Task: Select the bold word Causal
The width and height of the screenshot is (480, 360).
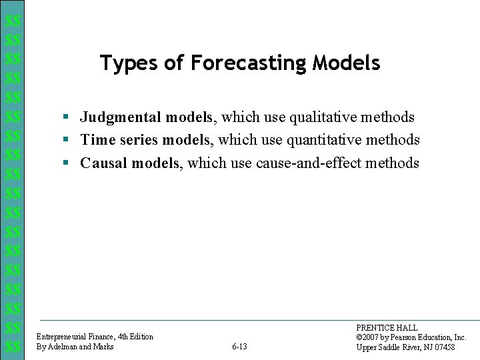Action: (x=104, y=163)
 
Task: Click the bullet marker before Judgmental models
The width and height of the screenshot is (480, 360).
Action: (x=67, y=118)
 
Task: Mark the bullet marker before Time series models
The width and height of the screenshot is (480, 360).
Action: (x=67, y=141)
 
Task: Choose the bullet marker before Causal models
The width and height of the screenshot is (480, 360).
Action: (x=67, y=163)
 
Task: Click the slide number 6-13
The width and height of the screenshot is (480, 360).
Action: (x=239, y=347)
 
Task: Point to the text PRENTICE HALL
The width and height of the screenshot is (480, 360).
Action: (x=387, y=328)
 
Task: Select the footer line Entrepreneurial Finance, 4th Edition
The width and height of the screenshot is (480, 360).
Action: (x=95, y=337)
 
